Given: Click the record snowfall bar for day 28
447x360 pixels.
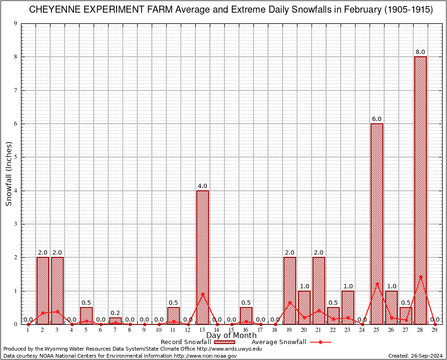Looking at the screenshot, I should coord(420,190).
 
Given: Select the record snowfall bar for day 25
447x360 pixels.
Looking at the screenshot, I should coord(377,224).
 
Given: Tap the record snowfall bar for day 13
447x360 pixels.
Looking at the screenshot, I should coord(202,257).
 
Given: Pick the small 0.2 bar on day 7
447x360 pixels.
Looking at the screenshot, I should coord(115,321).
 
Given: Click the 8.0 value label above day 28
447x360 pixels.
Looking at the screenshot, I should coord(420,52).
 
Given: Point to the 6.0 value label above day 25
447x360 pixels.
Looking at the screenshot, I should coord(377,119).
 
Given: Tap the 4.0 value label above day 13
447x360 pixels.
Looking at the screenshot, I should coord(202,186).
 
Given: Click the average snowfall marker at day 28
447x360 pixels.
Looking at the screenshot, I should coord(421,277).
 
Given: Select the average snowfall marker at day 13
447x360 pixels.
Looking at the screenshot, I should coord(202,294).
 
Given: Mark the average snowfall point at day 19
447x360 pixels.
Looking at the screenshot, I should coord(290,302).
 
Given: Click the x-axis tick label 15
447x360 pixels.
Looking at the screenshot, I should coord(231,330).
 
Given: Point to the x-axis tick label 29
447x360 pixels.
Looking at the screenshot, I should coord(435,330).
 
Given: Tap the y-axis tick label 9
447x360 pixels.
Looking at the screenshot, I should coord(16,23).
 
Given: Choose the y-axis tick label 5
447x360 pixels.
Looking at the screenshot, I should coord(16,157).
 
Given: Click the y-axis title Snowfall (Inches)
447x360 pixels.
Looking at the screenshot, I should coord(8,174).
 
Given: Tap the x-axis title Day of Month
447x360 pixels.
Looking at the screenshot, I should coord(231,336).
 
